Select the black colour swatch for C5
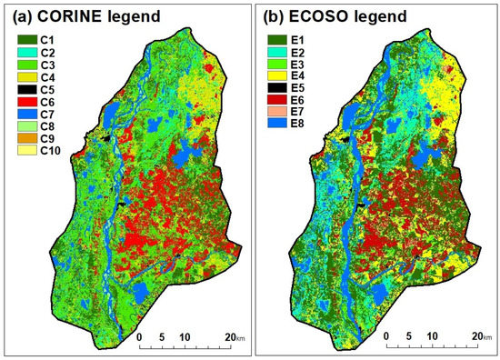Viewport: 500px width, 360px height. pyautogui.click(x=26, y=91)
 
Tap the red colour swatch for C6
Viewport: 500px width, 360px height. pyautogui.click(x=26, y=104)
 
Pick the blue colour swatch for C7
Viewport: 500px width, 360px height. pyautogui.click(x=26, y=116)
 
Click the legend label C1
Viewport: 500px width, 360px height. pyautogui.click(x=48, y=40)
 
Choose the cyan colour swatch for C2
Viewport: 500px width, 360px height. pyautogui.click(x=26, y=53)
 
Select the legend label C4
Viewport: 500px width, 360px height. pyautogui.click(x=48, y=78)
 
